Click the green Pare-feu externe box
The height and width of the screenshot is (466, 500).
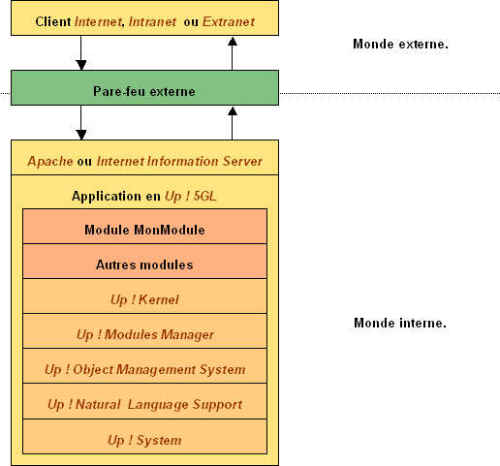coord(144,88)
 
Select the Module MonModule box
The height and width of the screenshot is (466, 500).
coord(144,226)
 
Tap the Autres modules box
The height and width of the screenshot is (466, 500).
coord(144,262)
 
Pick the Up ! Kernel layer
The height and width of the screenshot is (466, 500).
coord(144,296)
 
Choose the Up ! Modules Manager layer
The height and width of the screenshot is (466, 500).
coord(144,331)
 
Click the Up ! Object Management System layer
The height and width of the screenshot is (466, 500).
coord(144,366)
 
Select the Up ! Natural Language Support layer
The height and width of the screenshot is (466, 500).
coord(144,401)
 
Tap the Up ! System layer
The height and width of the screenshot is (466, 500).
coord(144,437)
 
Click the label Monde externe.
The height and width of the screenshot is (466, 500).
coord(400,44)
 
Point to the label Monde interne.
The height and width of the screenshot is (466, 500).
coord(400,323)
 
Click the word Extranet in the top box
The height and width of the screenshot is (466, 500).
coord(229,22)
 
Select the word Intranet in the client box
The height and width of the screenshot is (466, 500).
coord(152,22)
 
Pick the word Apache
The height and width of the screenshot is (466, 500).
coord(50,162)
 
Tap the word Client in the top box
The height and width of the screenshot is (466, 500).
coord(53,22)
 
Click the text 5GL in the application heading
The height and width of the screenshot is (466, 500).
coord(205,196)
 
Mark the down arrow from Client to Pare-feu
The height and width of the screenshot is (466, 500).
coord(80,52)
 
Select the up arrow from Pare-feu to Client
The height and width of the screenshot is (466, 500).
coord(233,53)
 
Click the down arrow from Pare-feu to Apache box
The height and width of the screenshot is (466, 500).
coord(80,122)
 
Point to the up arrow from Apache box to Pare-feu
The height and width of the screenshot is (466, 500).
coord(233,123)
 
